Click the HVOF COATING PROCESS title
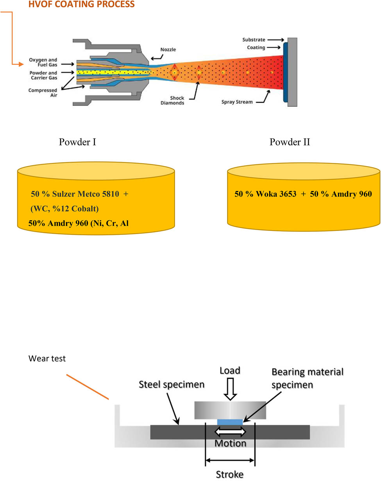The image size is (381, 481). [81, 5]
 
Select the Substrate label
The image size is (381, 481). [254, 40]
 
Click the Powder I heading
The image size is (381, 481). [77, 142]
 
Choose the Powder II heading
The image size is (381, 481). [290, 142]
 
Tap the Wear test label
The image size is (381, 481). [47, 358]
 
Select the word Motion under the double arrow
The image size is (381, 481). [231, 443]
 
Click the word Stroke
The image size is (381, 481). [230, 474]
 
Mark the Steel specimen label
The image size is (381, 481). [172, 384]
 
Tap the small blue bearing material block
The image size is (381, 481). [230, 421]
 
